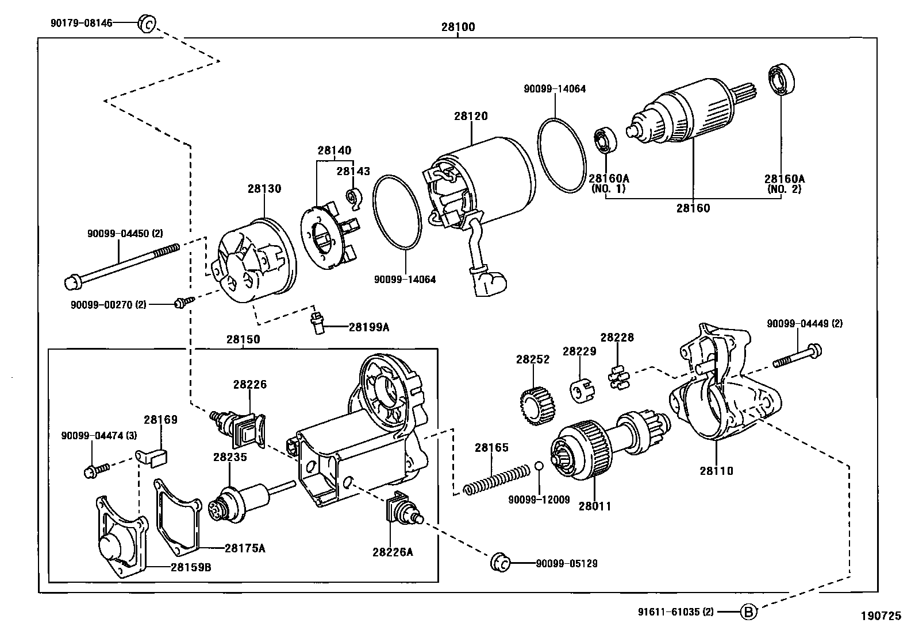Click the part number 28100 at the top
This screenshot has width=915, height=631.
coord(458,27)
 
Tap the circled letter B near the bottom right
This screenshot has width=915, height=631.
coord(748,612)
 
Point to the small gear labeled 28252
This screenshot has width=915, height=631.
coord(539,405)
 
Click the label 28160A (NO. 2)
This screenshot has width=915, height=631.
coord(784,183)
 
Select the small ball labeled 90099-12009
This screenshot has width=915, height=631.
coord(539,465)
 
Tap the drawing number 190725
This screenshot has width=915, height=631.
coord(881,615)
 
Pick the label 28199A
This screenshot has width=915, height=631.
coord(368,327)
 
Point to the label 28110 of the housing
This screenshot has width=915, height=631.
coord(716,471)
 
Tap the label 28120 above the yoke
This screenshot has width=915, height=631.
coord(471,116)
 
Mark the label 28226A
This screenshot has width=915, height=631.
coord(393,552)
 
